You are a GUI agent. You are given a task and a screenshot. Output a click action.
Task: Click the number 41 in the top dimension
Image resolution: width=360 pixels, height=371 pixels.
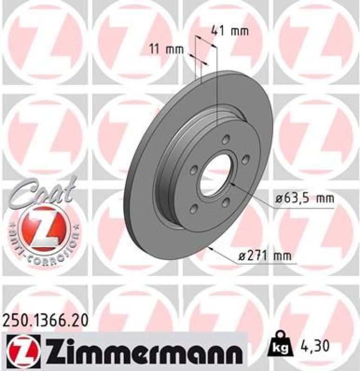(x=218, y=31)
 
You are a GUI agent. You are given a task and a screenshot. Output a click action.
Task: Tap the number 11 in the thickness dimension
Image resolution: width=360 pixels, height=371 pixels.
(x=156, y=48)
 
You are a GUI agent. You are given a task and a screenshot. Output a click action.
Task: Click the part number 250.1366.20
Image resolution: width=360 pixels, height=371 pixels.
(x=45, y=320)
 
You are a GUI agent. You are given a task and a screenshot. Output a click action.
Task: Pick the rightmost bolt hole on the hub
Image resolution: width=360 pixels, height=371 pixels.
(x=244, y=159)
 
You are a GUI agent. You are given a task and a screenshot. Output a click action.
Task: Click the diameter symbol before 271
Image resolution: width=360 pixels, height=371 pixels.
(x=242, y=255)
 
